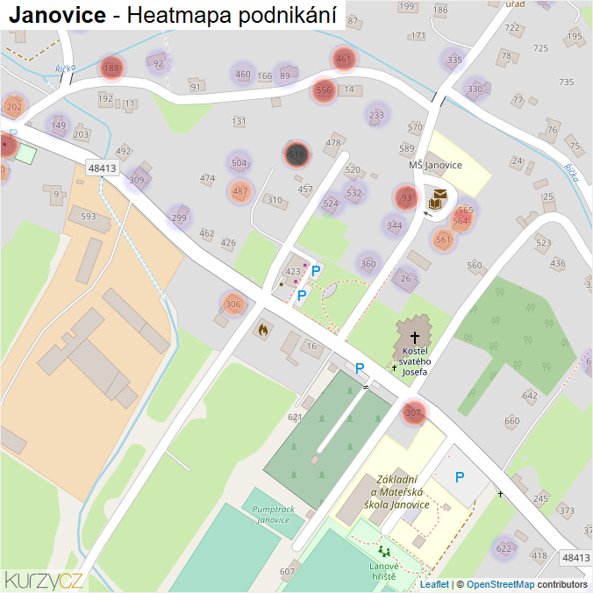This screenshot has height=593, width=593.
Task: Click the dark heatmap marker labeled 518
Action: pyautogui.click(x=296, y=154)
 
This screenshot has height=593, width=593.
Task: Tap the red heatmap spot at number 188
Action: pyautogui.click(x=111, y=68)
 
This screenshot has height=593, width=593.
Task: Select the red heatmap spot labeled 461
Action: pyautogui.click(x=343, y=60)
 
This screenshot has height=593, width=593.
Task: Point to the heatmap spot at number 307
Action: pyautogui.click(x=414, y=412)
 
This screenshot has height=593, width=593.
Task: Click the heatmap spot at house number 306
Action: pyautogui.click(x=232, y=304)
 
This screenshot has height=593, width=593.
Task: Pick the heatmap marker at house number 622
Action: pyautogui.click(x=504, y=548)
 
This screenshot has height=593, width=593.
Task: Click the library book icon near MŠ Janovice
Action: pyautogui.click(x=438, y=197)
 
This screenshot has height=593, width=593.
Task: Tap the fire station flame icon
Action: pyautogui.click(x=261, y=330)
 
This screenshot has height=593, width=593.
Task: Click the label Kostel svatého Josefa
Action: pyautogui.click(x=414, y=361)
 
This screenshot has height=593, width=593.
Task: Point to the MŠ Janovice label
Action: pyautogui.click(x=435, y=165)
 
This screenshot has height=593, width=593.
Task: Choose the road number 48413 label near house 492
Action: pyautogui.click(x=102, y=168)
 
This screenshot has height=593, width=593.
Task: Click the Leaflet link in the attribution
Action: pyautogui.click(x=434, y=584)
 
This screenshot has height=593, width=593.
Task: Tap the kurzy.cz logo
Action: pyautogui.click(x=44, y=579)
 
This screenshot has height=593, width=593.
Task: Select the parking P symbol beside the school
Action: pyautogui.click(x=459, y=477)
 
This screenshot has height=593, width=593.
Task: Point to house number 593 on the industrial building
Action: pyautogui.click(x=88, y=216)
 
